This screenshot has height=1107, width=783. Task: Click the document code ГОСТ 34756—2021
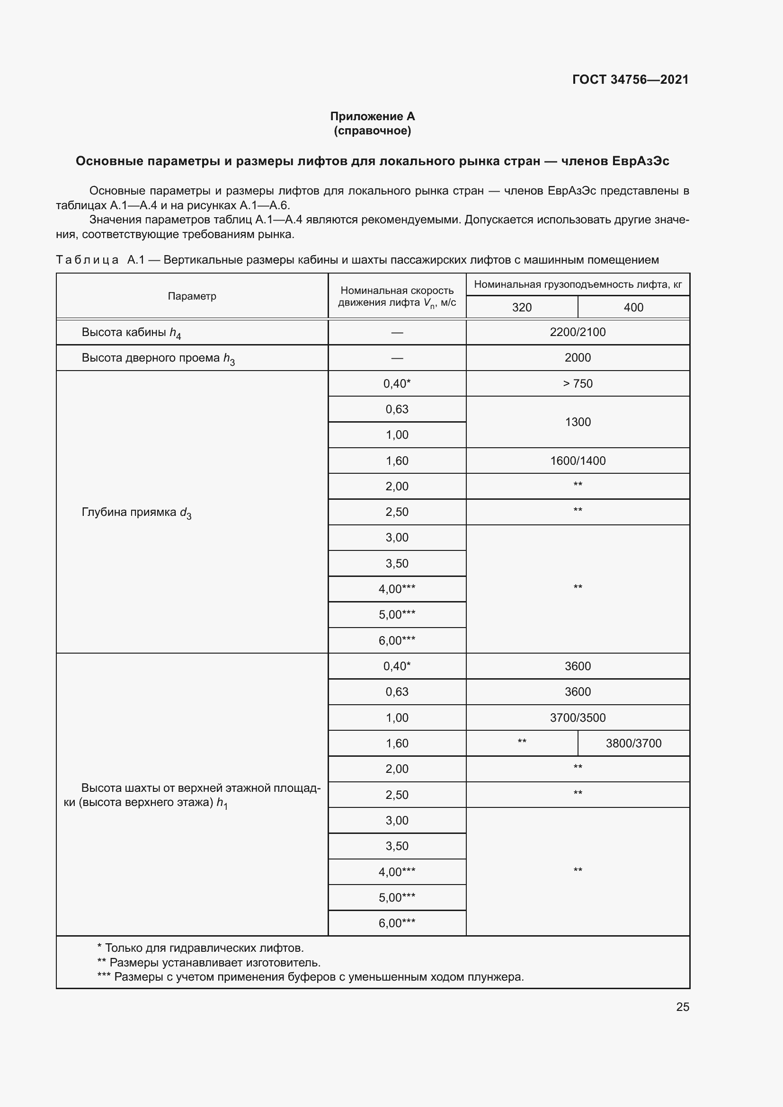point(630,80)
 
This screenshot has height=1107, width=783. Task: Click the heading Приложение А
point(372,116)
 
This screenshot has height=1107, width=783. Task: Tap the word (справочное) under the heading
point(372,131)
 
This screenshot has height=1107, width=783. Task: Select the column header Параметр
point(192,296)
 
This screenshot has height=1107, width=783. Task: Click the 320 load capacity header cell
point(522,307)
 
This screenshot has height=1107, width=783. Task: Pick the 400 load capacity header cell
point(633,307)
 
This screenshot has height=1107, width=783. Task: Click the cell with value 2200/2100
point(578,332)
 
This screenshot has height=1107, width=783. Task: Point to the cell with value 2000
point(578,358)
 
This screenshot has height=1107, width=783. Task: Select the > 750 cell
point(578,384)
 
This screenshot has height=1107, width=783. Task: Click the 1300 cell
point(578,422)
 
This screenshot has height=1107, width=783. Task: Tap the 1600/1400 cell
point(578,461)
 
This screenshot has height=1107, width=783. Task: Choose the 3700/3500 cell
point(578,718)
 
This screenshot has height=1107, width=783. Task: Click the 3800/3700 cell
point(633,744)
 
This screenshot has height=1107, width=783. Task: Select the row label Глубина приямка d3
point(136,513)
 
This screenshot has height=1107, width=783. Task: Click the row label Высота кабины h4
point(131,333)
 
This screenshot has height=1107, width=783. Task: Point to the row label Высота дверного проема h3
point(158,358)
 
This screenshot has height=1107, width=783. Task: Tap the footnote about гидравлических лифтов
point(200,948)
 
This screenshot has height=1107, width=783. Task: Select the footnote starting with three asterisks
point(310,977)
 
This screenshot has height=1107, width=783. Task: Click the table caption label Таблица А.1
point(100,260)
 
